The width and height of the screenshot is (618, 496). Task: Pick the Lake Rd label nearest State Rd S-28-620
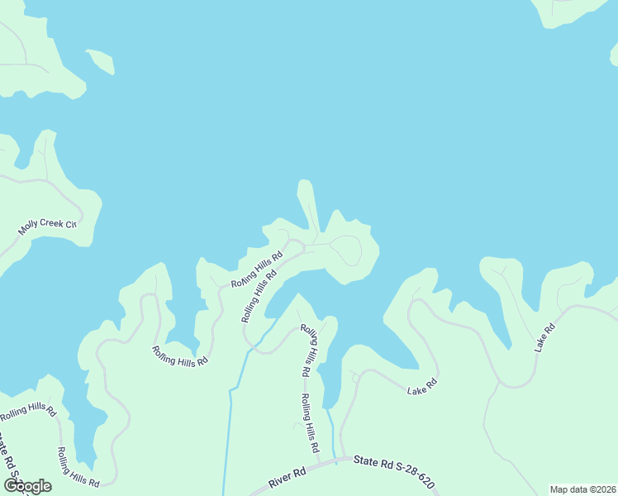click(x=421, y=385)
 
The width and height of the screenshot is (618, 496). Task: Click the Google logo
click(x=27, y=486)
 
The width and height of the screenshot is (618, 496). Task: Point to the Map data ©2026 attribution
click(x=583, y=489)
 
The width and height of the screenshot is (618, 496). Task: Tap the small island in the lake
click(x=100, y=61)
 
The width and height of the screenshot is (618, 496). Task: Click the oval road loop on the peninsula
click(x=346, y=250)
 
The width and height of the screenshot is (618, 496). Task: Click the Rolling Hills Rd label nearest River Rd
click(x=309, y=423)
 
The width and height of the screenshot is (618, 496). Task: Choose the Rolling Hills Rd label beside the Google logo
click(x=78, y=468)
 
